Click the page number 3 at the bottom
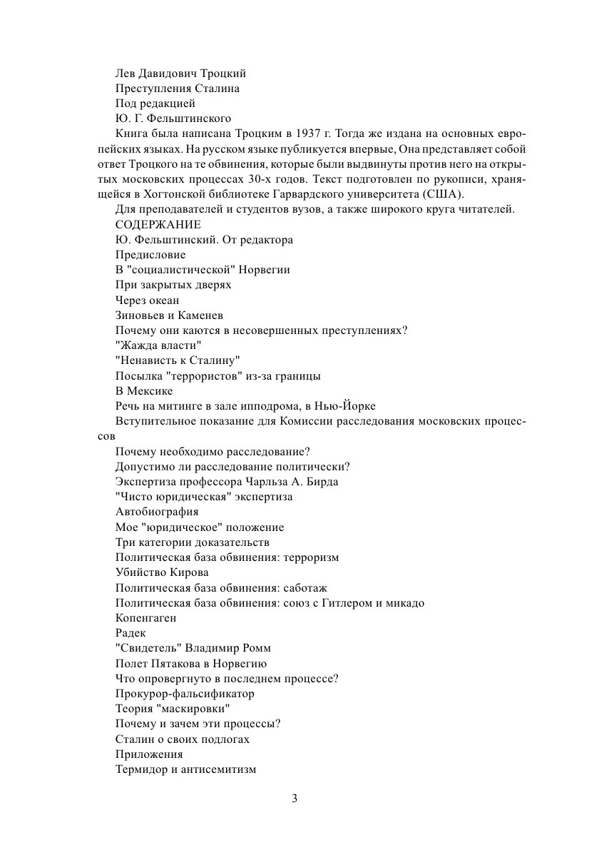[295, 798]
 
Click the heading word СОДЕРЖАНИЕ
[158, 225]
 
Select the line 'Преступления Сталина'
[178, 88]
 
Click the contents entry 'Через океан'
[148, 300]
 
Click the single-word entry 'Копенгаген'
[145, 618]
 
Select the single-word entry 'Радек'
[130, 633]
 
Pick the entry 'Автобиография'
[157, 512]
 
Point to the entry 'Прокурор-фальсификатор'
[185, 694]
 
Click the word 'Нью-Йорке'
[350, 406]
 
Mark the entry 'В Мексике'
[144, 391]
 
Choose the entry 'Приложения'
[149, 754]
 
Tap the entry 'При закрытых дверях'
[173, 285]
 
